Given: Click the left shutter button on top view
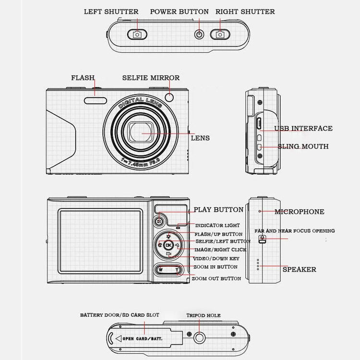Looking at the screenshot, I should point(137,34).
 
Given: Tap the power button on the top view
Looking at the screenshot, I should point(199,34).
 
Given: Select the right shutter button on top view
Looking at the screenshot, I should point(220,34).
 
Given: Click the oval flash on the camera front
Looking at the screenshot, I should point(96,100).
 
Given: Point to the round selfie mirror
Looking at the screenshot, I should point(169,98).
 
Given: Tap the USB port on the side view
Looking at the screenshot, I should point(258,124).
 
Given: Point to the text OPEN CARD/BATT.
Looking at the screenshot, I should point(143,338).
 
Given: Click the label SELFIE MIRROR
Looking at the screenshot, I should point(151,77).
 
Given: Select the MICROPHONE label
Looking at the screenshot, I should point(299,212).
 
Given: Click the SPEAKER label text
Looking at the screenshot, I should point(299,269).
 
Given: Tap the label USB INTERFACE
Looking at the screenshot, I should point(303,129).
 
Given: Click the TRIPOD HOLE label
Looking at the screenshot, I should point(203,315).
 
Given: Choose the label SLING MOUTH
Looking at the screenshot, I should point(303,146).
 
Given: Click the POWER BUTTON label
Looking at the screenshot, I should point(180,12).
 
